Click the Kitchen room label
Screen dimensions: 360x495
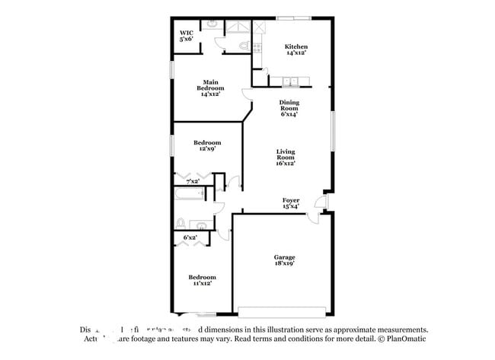click(x=295, y=49)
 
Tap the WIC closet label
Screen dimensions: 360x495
click(x=187, y=35)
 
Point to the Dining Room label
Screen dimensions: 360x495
click(x=288, y=108)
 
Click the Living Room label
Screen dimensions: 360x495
click(x=285, y=157)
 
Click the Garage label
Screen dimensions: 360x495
click(x=285, y=260)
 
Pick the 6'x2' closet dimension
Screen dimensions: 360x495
click(x=190, y=237)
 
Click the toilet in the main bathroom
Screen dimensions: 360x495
click(x=243, y=46)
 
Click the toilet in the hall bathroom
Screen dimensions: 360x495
click(x=181, y=223)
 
